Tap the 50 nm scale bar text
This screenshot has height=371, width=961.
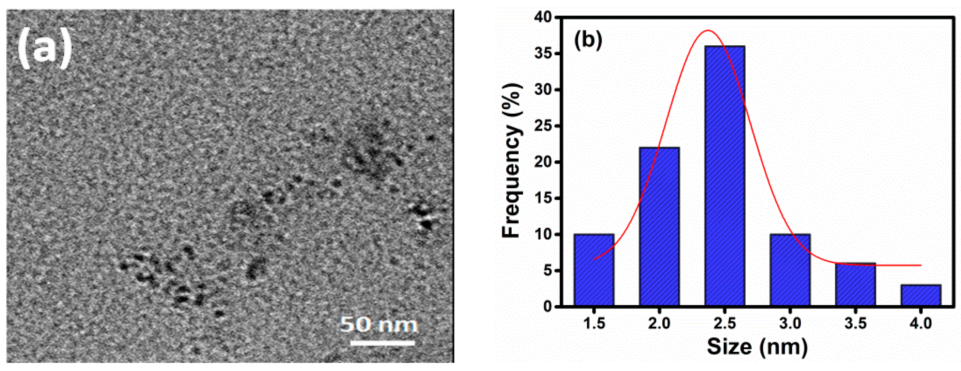point(379,324)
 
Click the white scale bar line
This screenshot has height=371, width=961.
point(382,343)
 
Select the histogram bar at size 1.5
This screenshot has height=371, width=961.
point(594,270)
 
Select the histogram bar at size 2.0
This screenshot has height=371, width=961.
point(659,228)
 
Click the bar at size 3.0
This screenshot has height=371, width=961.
point(790,270)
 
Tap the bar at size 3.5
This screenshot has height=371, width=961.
point(856,285)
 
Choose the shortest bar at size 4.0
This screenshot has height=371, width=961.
point(921,296)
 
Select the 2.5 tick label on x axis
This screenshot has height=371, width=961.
point(725,323)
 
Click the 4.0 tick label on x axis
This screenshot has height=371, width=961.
point(921,323)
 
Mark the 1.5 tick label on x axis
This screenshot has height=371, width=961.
point(594,323)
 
